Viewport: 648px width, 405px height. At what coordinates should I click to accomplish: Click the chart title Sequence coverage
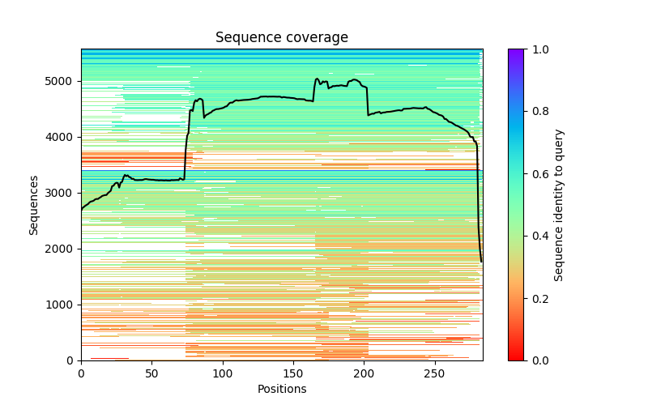tap(282, 37)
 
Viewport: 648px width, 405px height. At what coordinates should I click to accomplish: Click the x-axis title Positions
tap(282, 389)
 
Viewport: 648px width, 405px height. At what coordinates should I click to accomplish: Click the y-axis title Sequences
tap(34, 204)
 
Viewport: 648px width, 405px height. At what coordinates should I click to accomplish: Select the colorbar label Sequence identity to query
tap(560, 204)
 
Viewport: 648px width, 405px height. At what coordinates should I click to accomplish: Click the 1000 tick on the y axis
tap(62, 305)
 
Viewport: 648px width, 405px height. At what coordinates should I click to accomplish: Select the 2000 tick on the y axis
tap(62, 249)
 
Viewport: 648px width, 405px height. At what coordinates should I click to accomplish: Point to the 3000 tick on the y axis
tap(62, 193)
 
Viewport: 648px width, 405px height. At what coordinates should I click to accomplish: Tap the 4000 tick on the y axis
tap(62, 137)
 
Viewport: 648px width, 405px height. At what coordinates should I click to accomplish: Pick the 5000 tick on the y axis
tap(62, 81)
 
